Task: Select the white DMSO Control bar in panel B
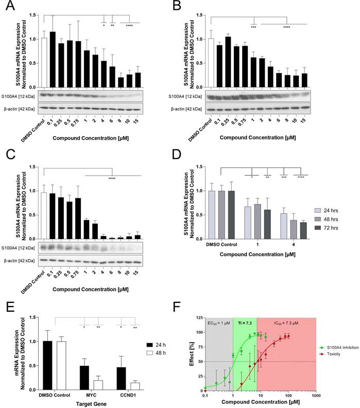[211, 62]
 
